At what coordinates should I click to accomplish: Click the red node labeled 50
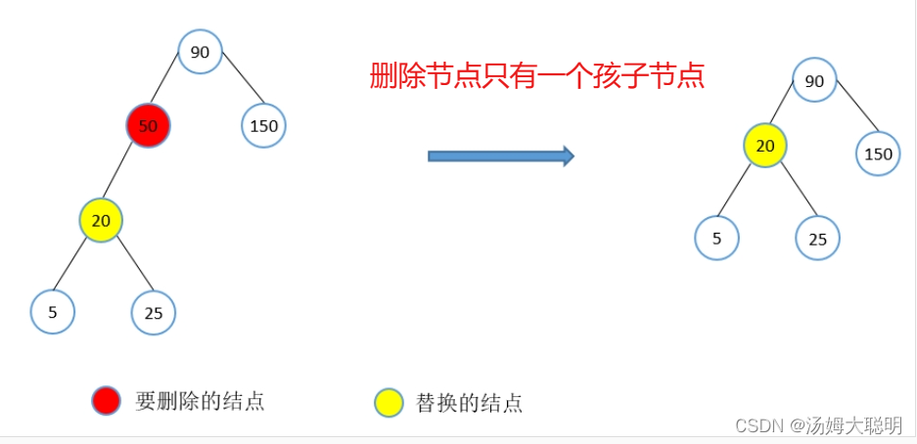pos(149,126)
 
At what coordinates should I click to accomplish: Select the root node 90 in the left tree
pos(200,52)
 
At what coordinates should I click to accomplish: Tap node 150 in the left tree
pos(263,126)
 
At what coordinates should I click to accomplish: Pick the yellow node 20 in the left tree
pos(101,220)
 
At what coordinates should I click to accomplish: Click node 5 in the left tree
pos(53,312)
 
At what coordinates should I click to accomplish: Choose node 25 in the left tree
pos(154,313)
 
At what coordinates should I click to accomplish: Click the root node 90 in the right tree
pos(814,81)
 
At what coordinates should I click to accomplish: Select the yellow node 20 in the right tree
pos(765,146)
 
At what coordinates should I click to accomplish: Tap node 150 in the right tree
pos(878,154)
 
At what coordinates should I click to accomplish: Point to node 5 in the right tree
pos(716,238)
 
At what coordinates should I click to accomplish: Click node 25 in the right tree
pos(818,238)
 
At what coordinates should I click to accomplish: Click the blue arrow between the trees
pos(500,155)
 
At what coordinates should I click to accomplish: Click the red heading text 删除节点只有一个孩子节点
pos(537,75)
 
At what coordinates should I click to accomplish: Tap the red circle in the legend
pos(106,400)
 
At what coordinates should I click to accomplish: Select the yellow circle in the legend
pos(389,402)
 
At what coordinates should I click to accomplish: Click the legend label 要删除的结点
pos(200,401)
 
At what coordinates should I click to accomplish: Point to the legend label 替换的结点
pos(469,402)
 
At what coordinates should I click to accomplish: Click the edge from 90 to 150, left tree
pos(243,85)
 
